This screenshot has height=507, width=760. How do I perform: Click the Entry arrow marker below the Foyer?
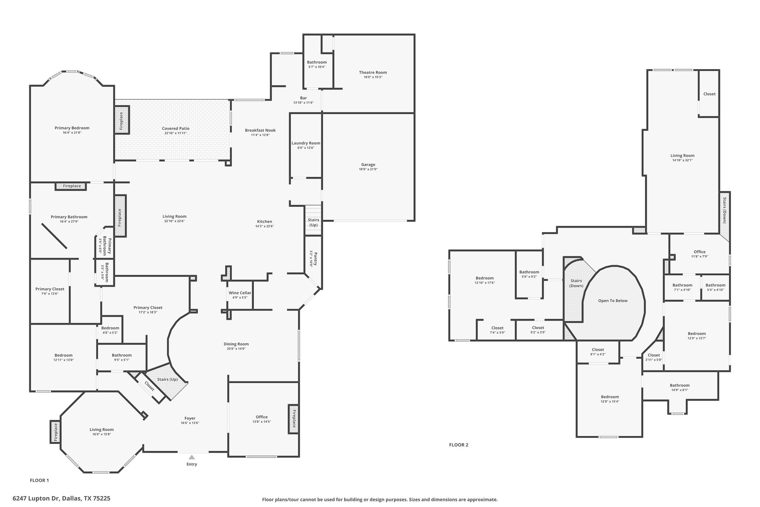pos(191,457)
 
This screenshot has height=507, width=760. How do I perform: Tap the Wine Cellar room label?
pos(240,293)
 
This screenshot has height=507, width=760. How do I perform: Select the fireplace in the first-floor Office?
pos(294,419)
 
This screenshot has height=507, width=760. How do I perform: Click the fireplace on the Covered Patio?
pos(121,120)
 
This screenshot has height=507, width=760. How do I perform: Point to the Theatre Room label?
pos(373,72)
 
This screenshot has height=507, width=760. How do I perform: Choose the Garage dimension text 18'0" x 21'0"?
pos(368,169)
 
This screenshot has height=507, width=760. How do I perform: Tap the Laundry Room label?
pos(306,143)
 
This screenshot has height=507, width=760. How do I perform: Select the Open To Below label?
pos(613,300)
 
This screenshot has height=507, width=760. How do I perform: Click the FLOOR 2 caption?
pos(459,445)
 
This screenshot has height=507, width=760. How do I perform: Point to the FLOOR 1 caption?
pos(39,480)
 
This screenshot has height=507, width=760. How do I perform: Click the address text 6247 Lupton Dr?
pos(36,498)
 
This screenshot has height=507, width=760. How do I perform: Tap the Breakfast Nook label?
pos(260,130)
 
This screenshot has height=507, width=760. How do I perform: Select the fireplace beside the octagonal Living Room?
pos(55,432)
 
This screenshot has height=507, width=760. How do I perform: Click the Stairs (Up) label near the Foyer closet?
pos(167,379)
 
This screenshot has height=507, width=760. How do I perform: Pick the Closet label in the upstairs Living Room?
pos(709,94)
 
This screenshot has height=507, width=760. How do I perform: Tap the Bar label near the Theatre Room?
pos(304,98)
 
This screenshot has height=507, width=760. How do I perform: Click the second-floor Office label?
pos(700,252)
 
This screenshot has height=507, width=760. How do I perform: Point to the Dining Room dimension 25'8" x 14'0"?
pos(236,349)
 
